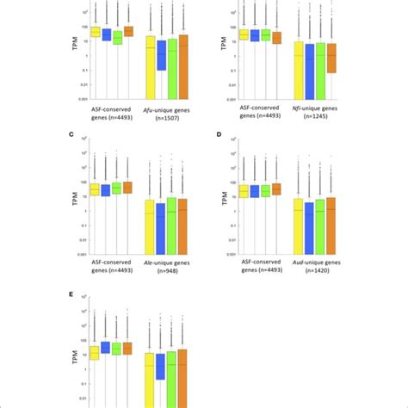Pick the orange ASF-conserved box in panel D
(x=275, y=189)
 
